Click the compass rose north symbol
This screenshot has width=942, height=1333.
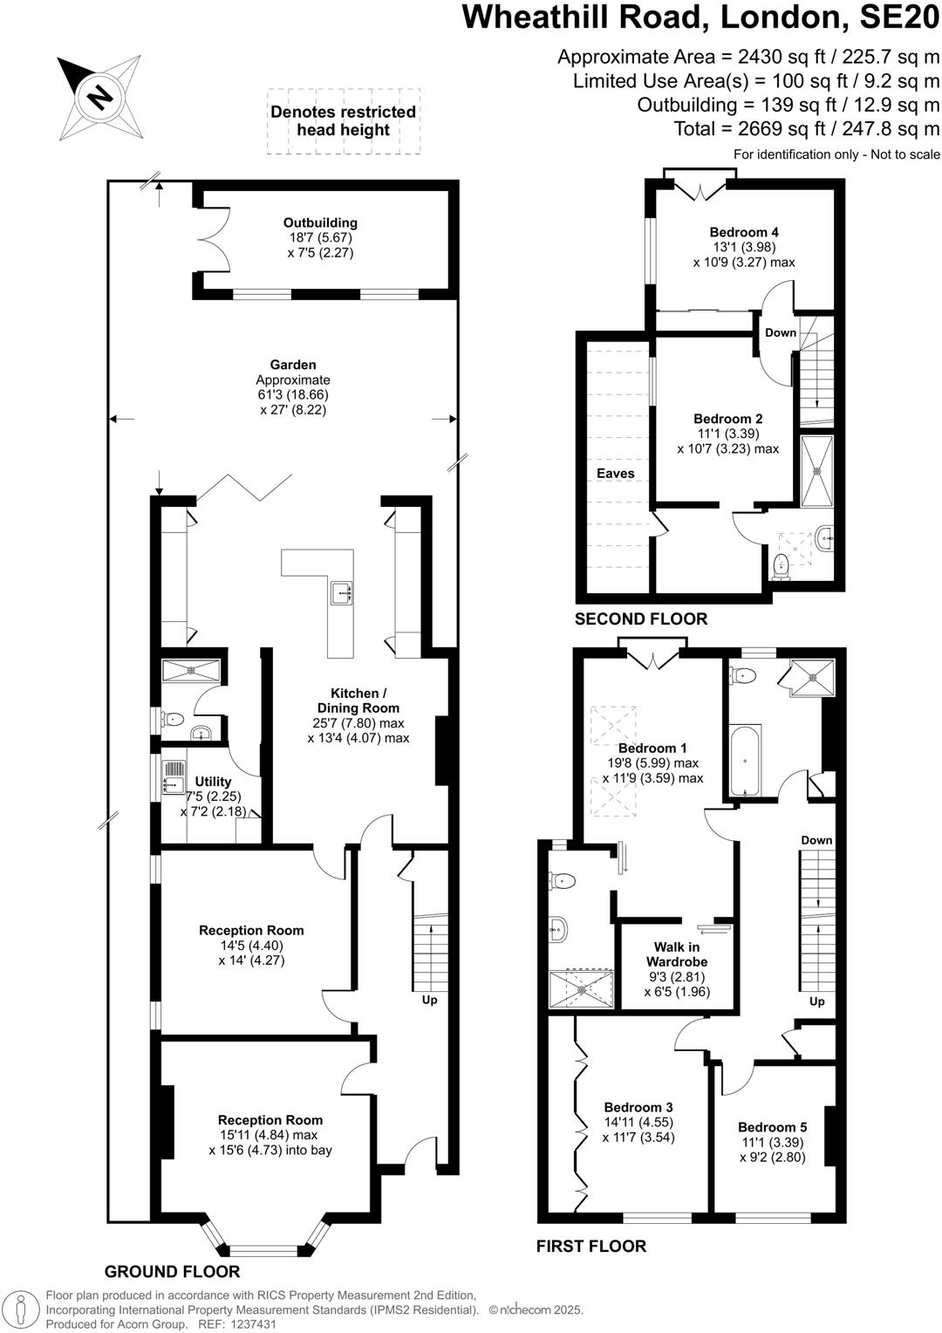(x=100, y=96)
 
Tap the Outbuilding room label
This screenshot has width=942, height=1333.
(x=320, y=222)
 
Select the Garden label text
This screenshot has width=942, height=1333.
(x=293, y=365)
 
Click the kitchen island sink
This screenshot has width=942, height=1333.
(x=341, y=593)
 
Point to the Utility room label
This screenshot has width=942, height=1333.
(x=213, y=781)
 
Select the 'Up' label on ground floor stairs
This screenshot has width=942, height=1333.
(x=429, y=1000)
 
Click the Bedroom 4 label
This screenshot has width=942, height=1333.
(x=744, y=232)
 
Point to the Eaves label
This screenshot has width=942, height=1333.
(x=615, y=473)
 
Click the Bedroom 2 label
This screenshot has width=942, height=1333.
(x=728, y=419)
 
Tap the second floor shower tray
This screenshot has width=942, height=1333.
(x=817, y=471)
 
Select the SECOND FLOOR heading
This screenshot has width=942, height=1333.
(x=640, y=619)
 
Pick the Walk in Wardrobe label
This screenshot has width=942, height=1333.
(x=677, y=954)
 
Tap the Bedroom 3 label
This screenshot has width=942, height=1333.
(x=638, y=1107)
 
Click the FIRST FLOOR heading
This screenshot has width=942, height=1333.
(x=591, y=1246)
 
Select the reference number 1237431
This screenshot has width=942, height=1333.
(x=251, y=1324)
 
